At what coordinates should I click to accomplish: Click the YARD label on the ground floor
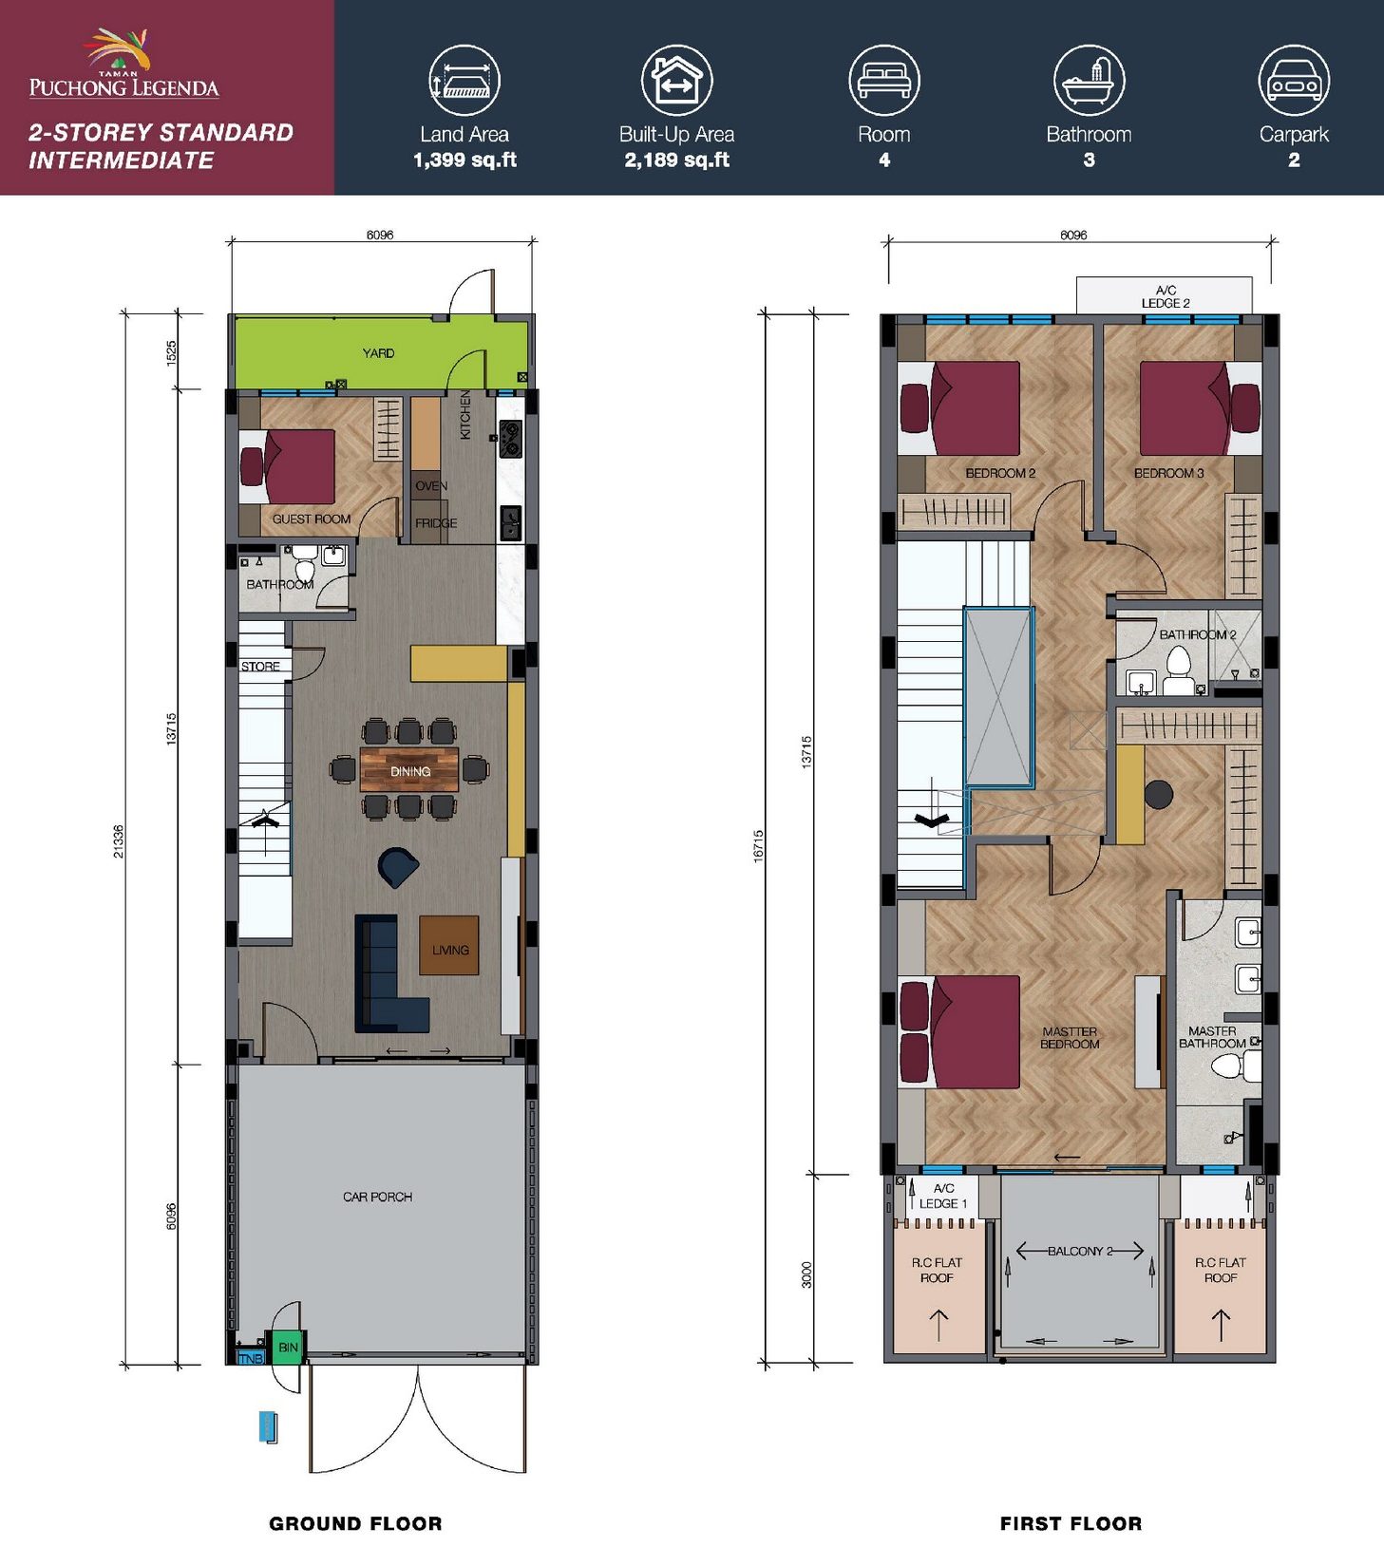(378, 353)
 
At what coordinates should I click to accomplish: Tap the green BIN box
(288, 1348)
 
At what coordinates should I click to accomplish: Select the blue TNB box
(250, 1358)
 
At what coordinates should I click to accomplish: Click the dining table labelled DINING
(409, 770)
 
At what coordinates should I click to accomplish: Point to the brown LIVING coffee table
(449, 945)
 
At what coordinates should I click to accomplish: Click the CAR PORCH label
(377, 1197)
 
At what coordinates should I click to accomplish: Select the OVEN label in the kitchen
(430, 486)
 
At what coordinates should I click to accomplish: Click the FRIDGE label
(436, 523)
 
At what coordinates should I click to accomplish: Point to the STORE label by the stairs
(260, 667)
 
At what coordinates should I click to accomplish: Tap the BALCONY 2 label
(1080, 1251)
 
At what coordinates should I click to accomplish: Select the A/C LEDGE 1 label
(943, 1196)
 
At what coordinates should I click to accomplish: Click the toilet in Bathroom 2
(1179, 670)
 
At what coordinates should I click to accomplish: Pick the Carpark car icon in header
(1294, 81)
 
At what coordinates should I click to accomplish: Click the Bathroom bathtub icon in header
(1089, 81)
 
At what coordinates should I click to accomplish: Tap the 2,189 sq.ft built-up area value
(676, 160)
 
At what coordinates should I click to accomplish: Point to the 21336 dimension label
(119, 841)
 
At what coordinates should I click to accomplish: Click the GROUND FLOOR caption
(355, 1523)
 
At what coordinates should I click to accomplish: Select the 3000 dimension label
(807, 1273)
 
